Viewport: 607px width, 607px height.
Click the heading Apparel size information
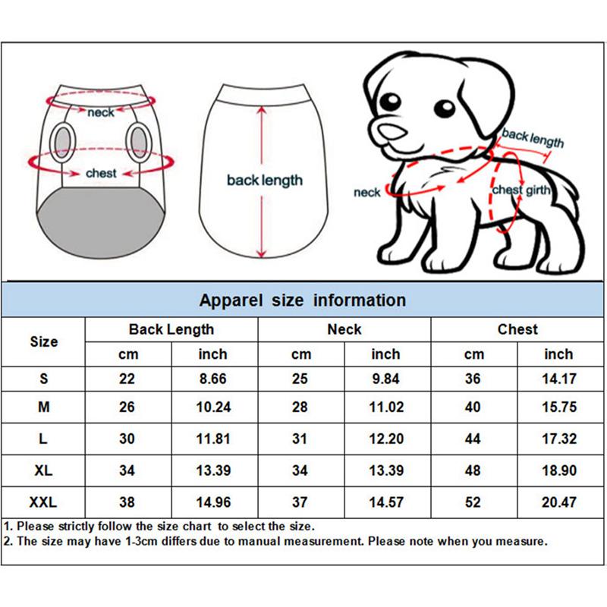(303, 300)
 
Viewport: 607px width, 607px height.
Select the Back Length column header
(171, 329)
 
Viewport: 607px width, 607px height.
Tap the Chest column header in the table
(517, 329)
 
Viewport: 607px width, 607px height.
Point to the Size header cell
(44, 341)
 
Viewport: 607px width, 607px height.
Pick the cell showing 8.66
(213, 379)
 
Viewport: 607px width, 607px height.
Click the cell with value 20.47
(559, 502)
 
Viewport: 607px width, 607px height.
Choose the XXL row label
(44, 502)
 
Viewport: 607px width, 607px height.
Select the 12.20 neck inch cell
(385, 439)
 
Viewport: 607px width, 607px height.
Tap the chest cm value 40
(473, 407)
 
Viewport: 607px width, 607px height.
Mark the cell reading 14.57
(385, 502)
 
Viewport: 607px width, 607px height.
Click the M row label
(44, 407)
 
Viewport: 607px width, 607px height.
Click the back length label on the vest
(264, 181)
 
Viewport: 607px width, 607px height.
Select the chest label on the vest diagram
(101, 174)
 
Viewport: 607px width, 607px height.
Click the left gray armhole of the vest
(64, 142)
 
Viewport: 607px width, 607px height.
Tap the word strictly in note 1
(77, 526)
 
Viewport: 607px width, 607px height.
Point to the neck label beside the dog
(366, 193)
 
